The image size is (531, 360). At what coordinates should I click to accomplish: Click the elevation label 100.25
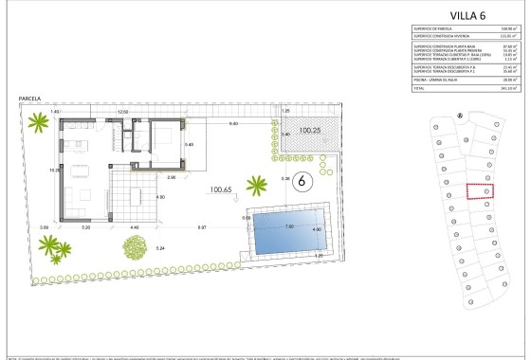tap(309, 129)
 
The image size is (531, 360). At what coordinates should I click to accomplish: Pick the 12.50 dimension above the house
tap(122, 112)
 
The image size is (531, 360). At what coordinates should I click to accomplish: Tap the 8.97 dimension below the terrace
tap(203, 227)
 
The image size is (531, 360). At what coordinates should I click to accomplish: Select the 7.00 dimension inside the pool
tap(291, 227)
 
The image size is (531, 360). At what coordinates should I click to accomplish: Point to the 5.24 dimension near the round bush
tap(160, 248)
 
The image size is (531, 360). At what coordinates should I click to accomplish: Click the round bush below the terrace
tap(133, 249)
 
